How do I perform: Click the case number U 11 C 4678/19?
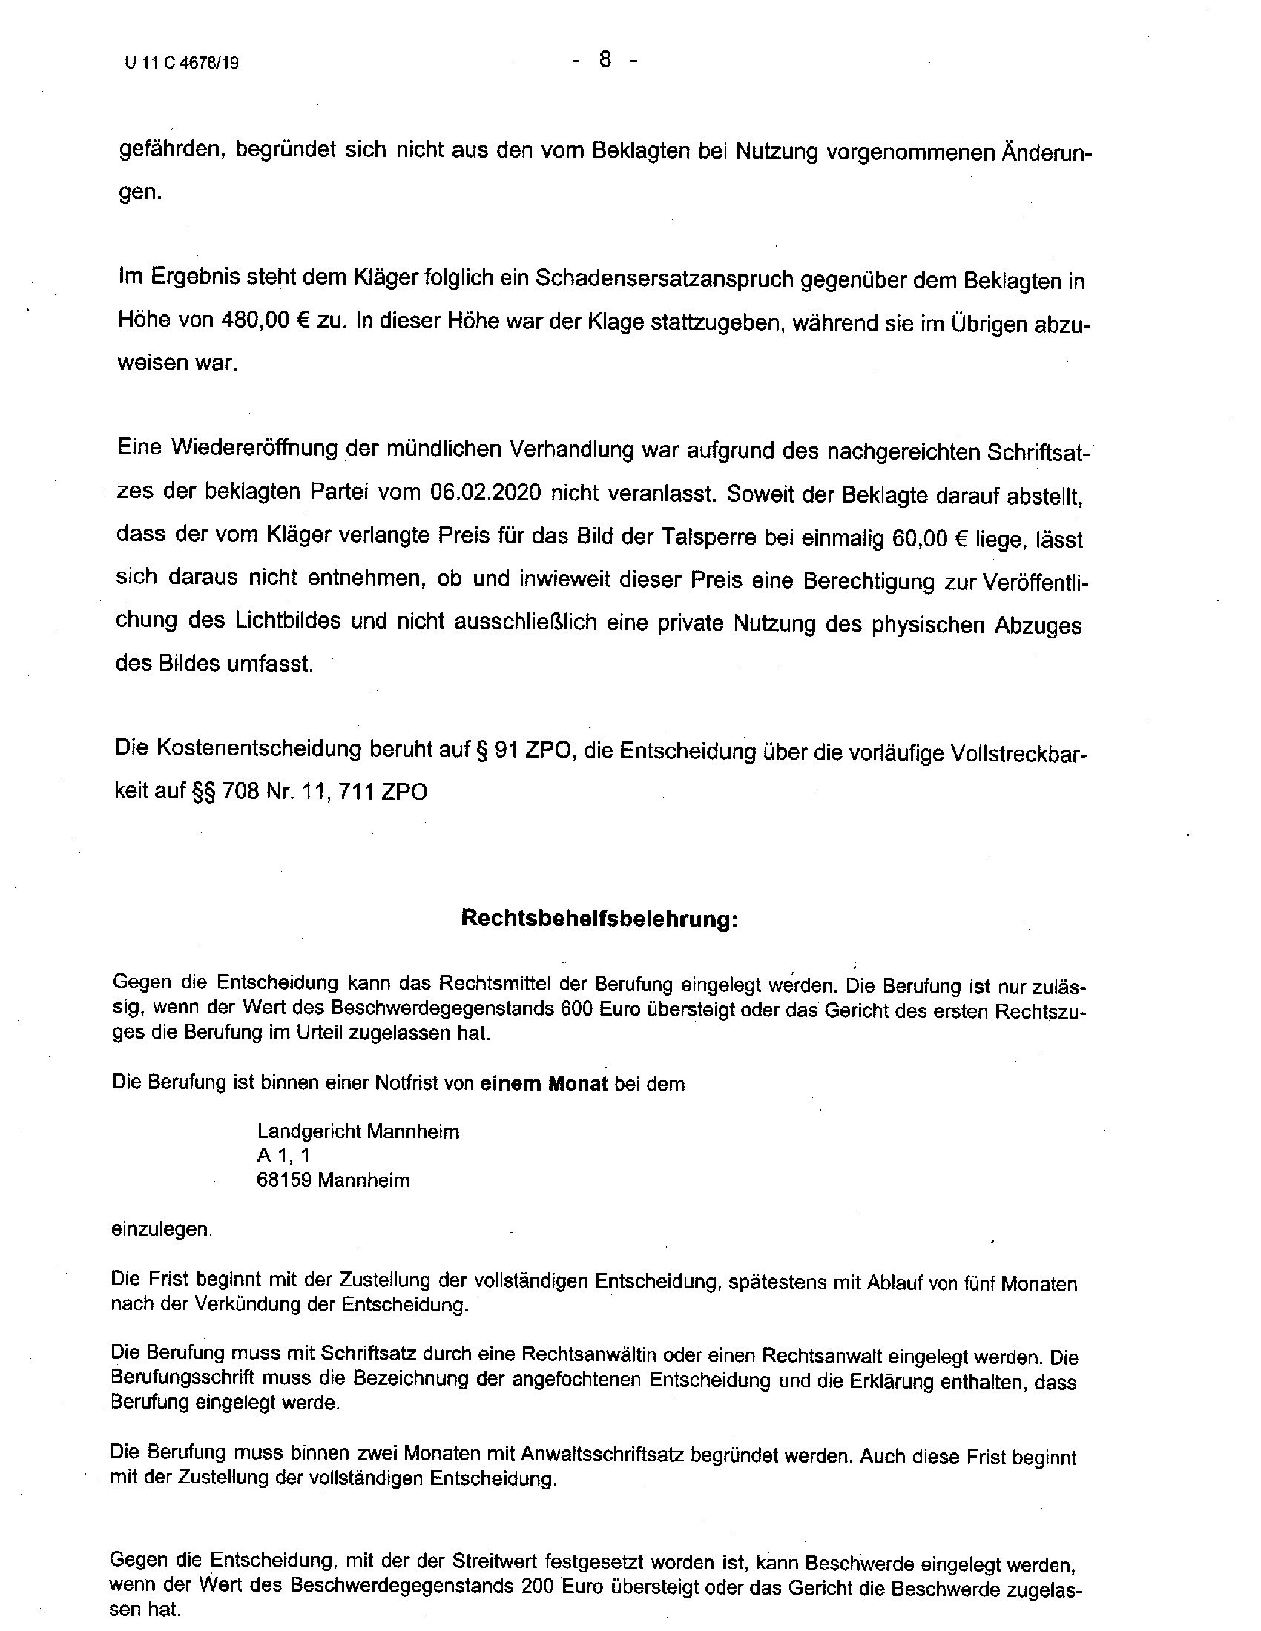tap(182, 64)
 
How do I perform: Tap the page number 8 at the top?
tap(605, 60)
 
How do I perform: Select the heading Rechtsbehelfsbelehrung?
tap(599, 918)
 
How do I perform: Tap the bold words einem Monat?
tap(543, 1083)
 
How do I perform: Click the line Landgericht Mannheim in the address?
tap(358, 1131)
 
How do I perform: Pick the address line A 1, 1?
tap(283, 1155)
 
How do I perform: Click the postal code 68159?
tap(283, 1180)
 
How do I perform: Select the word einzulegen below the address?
tap(162, 1229)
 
